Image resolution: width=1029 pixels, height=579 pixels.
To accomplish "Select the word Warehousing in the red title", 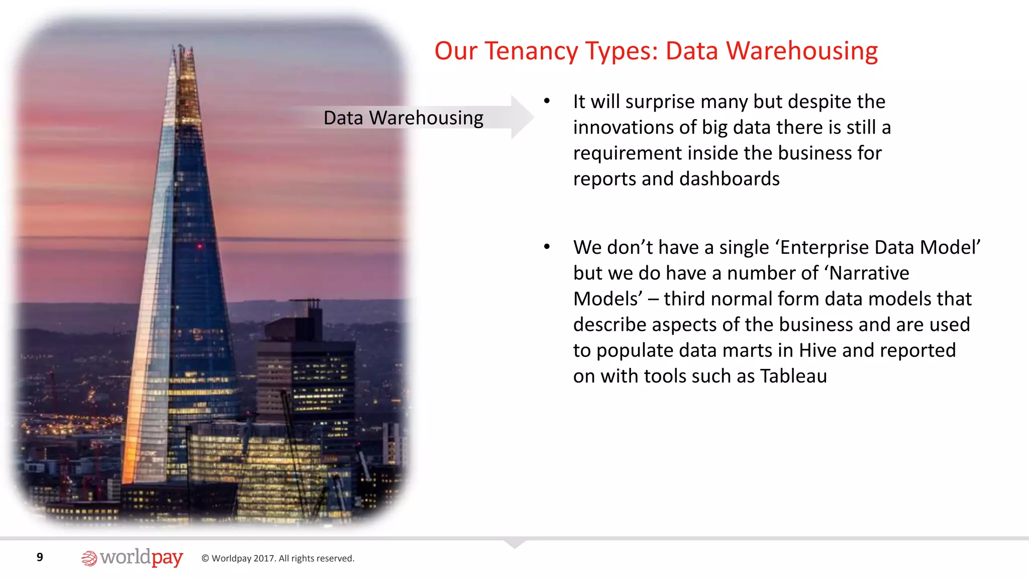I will tap(802, 51).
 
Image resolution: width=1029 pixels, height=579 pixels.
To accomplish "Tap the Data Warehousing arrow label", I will tap(403, 118).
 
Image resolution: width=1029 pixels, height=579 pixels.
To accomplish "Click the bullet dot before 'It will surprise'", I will tap(547, 102).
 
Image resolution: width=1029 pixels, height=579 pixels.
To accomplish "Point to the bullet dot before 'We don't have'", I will tap(547, 247).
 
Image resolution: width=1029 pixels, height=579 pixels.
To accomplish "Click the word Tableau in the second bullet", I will tap(793, 376).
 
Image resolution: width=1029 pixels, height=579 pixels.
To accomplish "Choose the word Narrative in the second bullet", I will tap(869, 273).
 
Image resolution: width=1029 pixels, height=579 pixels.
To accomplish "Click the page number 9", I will tap(40, 557).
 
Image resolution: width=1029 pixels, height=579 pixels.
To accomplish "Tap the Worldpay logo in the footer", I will tap(132, 558).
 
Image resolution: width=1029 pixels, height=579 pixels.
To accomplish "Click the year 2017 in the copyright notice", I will tap(264, 558).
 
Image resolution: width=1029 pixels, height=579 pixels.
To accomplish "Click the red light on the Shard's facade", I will tap(199, 246).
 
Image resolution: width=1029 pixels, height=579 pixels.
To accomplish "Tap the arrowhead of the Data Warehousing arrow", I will tap(522, 117).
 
